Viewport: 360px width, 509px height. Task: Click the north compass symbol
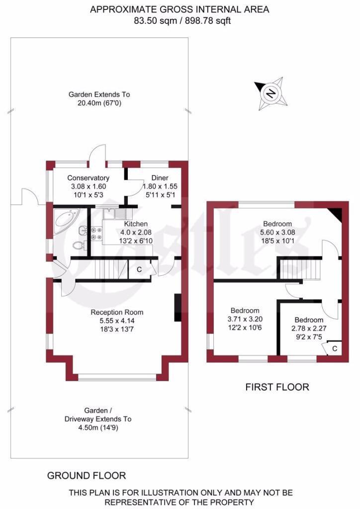pyautogui.click(x=270, y=93)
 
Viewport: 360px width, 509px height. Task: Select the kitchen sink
pyautogui.click(x=115, y=214)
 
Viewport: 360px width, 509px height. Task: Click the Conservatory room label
pyautogui.click(x=88, y=178)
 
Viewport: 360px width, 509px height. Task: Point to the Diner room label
pyautogui.click(x=159, y=178)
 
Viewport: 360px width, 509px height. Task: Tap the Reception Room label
pyautogui.click(x=117, y=312)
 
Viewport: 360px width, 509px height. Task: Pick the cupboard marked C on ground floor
pyautogui.click(x=139, y=269)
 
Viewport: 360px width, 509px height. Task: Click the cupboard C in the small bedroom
pyautogui.click(x=334, y=348)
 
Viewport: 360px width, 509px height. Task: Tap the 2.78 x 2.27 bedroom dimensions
pyautogui.click(x=309, y=328)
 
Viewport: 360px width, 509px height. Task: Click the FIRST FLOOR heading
pyautogui.click(x=277, y=387)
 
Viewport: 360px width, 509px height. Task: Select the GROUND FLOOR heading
pyautogui.click(x=87, y=476)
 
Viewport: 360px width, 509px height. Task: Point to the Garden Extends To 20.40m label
pyautogui.click(x=99, y=98)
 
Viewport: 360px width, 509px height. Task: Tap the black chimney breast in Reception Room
pyautogui.click(x=178, y=308)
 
